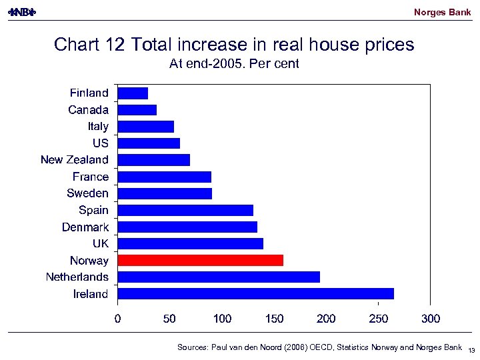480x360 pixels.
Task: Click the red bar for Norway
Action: pos(200,260)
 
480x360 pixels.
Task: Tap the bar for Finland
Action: pos(133,93)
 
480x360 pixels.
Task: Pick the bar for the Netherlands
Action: pos(219,277)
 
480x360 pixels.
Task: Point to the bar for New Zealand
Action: pos(153,160)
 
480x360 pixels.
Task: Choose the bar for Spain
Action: pos(185,210)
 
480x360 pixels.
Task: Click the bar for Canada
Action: pos(137,109)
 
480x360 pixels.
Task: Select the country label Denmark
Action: pos(85,227)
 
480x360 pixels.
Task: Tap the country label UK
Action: pos(100,243)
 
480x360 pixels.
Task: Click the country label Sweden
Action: pos(87,193)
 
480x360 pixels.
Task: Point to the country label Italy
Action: pos(98,126)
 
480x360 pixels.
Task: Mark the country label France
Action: pos(90,177)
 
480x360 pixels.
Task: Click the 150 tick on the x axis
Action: pos(274,319)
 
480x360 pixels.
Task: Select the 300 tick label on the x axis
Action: pos(431,319)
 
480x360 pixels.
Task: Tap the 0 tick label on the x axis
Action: pos(118,319)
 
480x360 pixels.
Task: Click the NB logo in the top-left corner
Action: pos(21,12)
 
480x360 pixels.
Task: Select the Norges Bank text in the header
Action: pos(442,12)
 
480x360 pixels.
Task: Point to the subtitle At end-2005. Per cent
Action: pos(234,64)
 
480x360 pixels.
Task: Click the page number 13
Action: pos(471,351)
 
